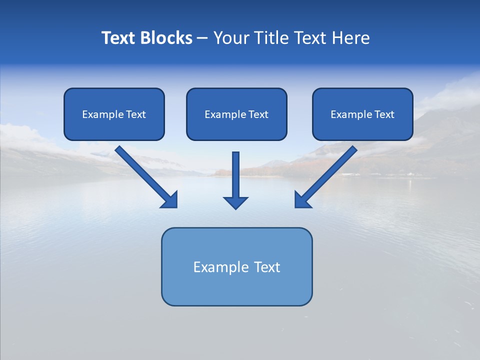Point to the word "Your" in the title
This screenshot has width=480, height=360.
[x=230, y=38]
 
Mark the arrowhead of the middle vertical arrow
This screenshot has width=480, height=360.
[x=235, y=202]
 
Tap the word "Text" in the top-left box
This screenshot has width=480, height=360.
[x=136, y=114]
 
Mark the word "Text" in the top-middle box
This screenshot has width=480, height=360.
[x=258, y=114]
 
